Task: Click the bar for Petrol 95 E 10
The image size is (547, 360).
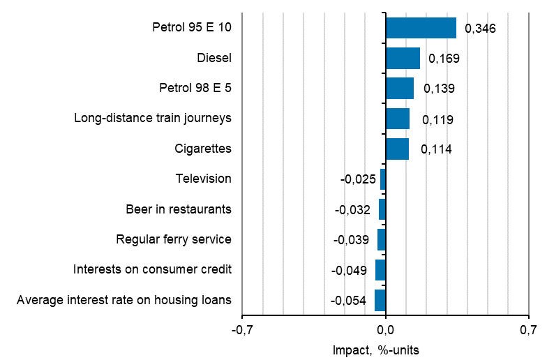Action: coord(421,28)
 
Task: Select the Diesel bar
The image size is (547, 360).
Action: coord(403,59)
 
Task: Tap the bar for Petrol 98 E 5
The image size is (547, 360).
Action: coord(400,89)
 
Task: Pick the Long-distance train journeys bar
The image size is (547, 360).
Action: coord(398,119)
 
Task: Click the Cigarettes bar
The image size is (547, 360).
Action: coord(397,149)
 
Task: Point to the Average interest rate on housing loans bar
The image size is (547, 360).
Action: coord(380,300)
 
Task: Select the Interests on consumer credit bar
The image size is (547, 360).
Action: coord(380,269)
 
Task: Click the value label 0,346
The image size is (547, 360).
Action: coord(481,29)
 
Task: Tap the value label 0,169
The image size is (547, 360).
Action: coord(444,59)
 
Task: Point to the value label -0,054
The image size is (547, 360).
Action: coord(349,301)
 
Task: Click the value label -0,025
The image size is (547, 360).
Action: coord(358,179)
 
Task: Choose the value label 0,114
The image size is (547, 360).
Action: coord(436,149)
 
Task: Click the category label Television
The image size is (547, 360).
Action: coord(203,179)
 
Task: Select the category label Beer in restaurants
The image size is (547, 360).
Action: coord(179,209)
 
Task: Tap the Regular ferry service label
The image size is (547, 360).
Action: coord(174,239)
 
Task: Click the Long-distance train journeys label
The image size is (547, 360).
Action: coord(153,118)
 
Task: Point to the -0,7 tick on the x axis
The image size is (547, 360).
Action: coord(242,329)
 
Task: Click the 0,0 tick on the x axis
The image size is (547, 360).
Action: coord(386,329)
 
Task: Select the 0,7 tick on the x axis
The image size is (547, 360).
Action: coord(529,329)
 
